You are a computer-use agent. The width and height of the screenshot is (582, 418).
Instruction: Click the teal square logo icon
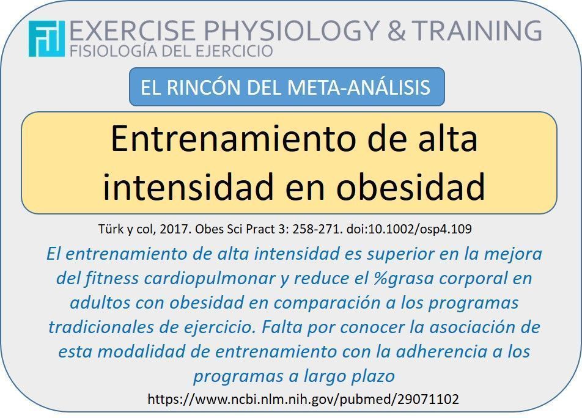coord(46,38)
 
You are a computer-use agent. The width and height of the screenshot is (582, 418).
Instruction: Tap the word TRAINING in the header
coord(477,30)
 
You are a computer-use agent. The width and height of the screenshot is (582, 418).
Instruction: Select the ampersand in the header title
coord(396,31)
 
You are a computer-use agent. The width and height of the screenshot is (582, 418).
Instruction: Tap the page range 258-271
coord(317,229)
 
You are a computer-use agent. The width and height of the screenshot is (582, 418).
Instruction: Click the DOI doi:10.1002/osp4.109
coord(409,229)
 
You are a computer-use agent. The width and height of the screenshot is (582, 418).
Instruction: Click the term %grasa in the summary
coord(403,279)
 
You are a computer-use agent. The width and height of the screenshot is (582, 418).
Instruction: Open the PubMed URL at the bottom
coord(303,399)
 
